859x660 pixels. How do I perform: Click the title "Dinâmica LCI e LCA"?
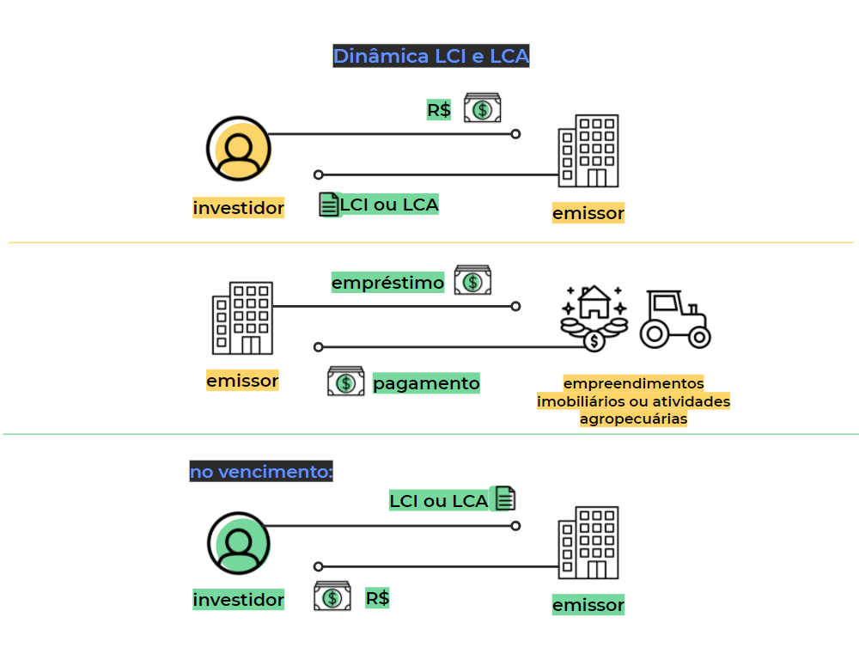coord(430,57)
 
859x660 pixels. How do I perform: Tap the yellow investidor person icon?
coord(238,149)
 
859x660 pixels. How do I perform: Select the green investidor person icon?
coord(238,543)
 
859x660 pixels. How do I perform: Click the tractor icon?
coord(675,319)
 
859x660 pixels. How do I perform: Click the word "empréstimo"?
coord(388,282)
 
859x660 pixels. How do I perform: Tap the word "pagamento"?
coord(426,382)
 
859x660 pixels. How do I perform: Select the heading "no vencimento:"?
coord(261,472)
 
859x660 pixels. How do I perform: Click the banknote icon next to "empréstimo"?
coord(472,280)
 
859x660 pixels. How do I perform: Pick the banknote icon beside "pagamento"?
coord(345,381)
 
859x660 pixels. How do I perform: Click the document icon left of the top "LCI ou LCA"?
coord(329,205)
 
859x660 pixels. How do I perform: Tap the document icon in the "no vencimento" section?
coord(504,498)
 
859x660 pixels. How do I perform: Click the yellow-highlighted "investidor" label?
coord(238,207)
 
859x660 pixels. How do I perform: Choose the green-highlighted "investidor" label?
coord(238,600)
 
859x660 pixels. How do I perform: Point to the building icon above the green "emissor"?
coord(588,543)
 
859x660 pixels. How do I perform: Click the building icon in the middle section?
coord(242,318)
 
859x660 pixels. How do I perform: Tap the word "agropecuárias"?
coord(634,419)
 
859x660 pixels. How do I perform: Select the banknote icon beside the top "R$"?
coord(483,108)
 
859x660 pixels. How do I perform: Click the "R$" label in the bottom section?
coord(377,598)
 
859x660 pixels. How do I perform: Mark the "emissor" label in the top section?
coord(588,212)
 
